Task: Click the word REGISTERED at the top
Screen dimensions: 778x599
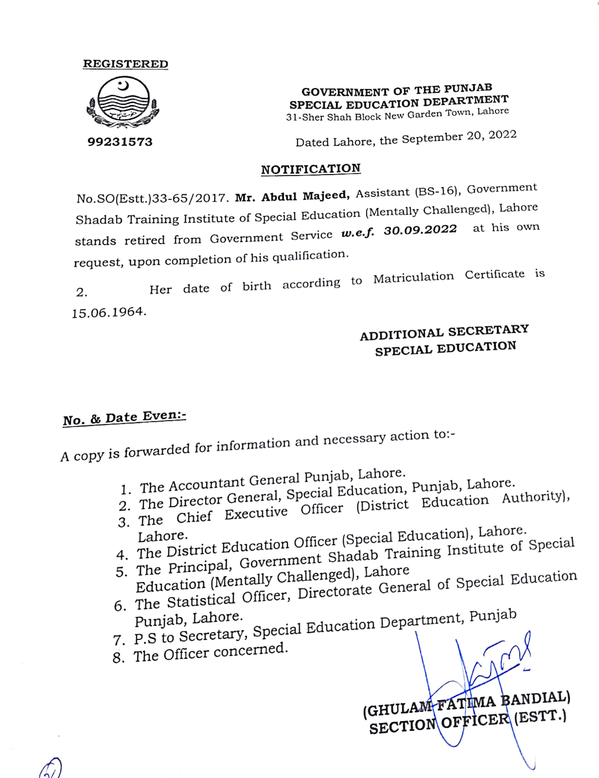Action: [125, 64]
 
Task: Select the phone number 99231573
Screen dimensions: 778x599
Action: [120, 142]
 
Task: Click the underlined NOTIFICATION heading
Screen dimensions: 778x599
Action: [311, 169]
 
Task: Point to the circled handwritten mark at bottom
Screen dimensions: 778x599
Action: [51, 768]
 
